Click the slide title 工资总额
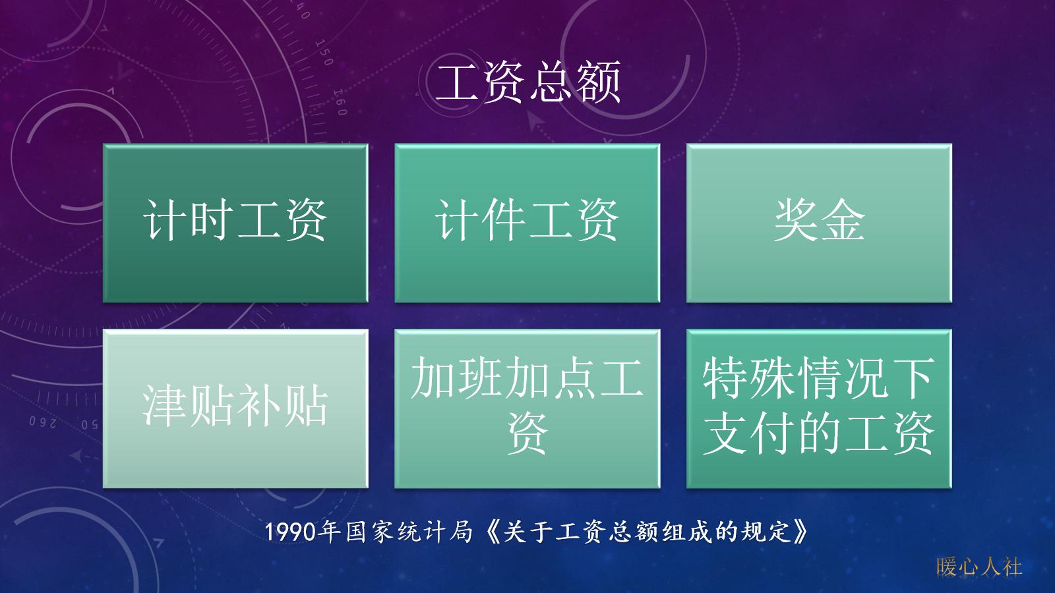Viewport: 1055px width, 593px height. (527, 82)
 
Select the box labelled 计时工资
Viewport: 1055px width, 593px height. (235, 223)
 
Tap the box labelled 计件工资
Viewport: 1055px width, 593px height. (527, 223)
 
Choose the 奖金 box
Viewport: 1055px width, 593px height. (819, 223)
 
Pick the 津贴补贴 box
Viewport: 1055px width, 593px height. (235, 409)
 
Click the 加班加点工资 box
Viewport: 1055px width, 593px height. (527, 409)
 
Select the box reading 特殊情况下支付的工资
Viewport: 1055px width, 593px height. (819, 409)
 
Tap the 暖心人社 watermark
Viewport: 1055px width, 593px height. (979, 566)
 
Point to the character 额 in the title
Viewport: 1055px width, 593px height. (599, 83)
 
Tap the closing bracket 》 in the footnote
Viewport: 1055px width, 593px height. (800, 531)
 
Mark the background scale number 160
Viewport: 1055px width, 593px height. (339, 103)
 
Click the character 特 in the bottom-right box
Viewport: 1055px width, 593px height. (725, 378)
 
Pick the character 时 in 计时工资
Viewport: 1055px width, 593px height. (212, 220)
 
